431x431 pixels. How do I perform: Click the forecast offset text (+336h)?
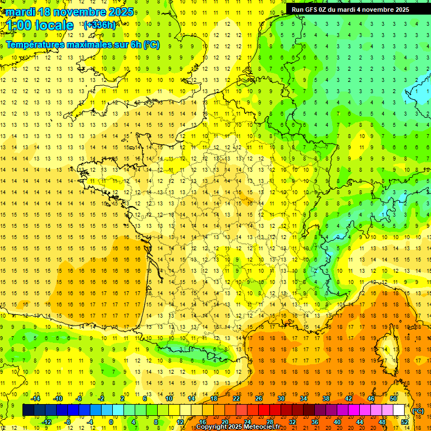click(100, 25)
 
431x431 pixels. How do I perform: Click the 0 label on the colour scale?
click(111, 422)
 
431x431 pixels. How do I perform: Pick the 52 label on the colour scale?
click(405, 422)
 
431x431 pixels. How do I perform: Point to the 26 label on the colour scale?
click(259, 398)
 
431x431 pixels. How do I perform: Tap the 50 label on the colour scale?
click(393, 398)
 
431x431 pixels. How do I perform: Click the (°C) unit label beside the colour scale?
click(418, 411)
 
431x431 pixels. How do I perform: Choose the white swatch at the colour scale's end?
click(399, 410)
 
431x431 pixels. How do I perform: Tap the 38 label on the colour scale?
click(326, 398)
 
